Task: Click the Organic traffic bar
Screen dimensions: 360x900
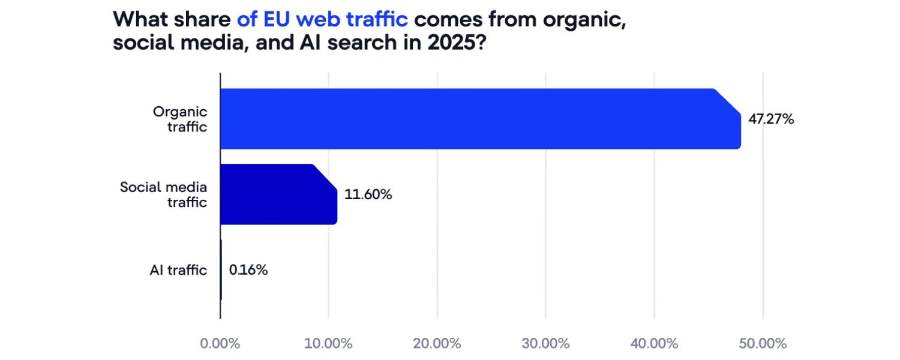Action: [480, 119]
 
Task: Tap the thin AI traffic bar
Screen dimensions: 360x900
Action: [221, 270]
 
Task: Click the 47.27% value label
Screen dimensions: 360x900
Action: [771, 119]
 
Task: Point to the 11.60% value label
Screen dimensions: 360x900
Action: [368, 194]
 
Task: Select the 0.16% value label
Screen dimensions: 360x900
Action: [248, 270]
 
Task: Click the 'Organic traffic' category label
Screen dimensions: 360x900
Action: [179, 119]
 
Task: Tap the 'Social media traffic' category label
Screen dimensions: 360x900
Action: [163, 194]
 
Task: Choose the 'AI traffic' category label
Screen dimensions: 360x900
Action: [178, 270]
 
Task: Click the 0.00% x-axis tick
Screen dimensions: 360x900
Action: [220, 344]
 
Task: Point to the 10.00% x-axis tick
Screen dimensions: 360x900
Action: [329, 344]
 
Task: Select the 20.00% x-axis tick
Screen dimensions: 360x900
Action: [437, 344]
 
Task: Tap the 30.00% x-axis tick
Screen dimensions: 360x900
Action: [546, 344]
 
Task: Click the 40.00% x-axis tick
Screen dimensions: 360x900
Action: [654, 344]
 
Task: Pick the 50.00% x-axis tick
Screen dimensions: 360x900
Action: [763, 344]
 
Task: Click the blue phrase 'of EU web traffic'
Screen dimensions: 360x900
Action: [322, 19]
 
